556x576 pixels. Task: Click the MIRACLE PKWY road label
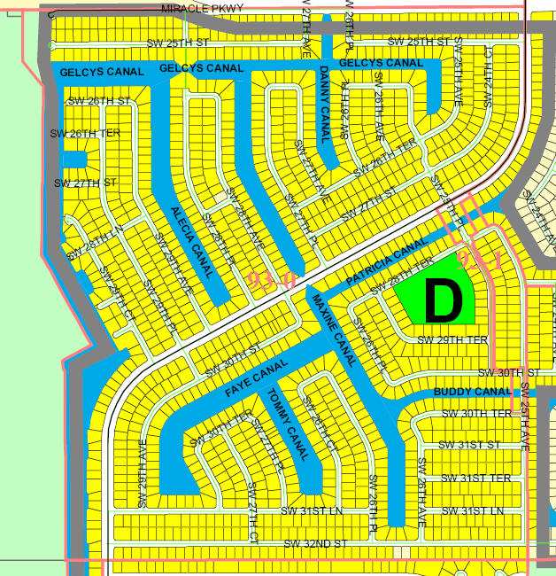[203, 9]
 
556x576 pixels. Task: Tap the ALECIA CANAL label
[192, 241]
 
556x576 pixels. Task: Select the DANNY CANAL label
[324, 103]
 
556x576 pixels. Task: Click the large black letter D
[444, 301]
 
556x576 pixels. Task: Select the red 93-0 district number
[270, 281]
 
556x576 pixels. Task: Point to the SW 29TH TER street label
[452, 340]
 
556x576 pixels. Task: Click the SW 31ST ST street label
[469, 445]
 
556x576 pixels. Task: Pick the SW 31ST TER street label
[475, 479]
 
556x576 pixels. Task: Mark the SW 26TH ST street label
[99, 102]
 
